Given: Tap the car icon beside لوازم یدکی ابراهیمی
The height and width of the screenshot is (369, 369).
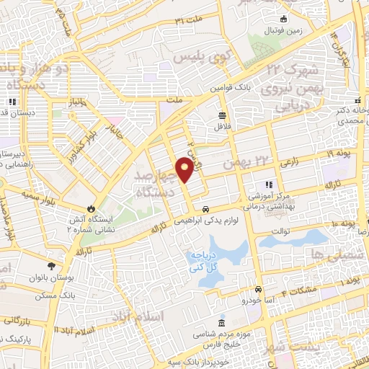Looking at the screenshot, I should tap(205, 209).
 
